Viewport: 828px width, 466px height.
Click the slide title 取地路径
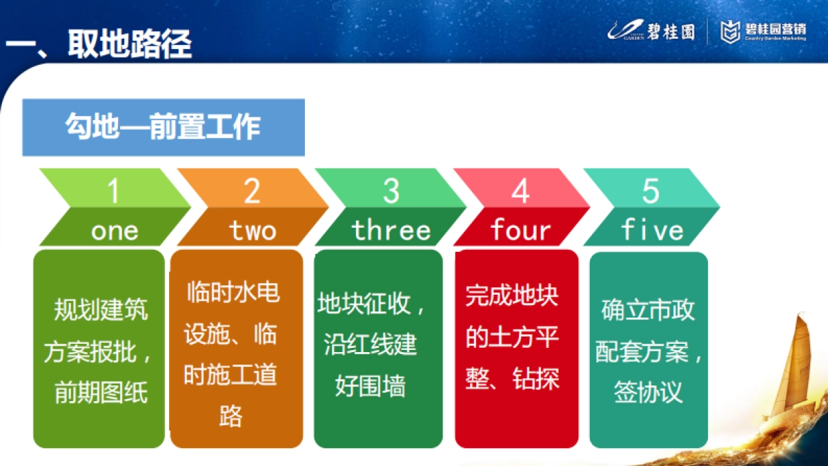click(129, 43)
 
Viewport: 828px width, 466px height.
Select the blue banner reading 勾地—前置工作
click(164, 128)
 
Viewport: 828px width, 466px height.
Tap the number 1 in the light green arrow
click(114, 191)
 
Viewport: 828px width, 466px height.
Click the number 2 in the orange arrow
click(252, 191)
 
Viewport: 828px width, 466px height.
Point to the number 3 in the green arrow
click(391, 191)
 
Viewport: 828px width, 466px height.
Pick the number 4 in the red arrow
click(520, 191)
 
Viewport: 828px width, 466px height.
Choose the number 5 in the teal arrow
click(651, 191)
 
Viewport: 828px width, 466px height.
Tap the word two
click(253, 231)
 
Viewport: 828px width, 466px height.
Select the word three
click(391, 231)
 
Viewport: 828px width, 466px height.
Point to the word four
click(521, 231)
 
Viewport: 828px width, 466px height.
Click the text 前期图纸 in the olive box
click(101, 393)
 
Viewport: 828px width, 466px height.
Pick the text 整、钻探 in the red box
click(512, 378)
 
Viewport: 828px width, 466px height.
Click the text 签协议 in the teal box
click(648, 392)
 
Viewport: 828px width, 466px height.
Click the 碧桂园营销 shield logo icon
click(731, 31)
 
